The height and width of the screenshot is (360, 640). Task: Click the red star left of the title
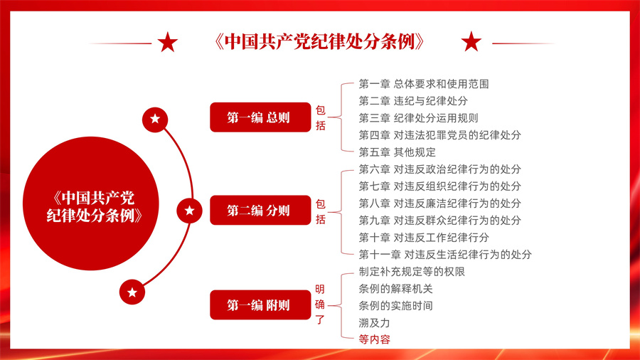click(x=168, y=42)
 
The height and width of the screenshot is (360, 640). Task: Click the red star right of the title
click(x=471, y=42)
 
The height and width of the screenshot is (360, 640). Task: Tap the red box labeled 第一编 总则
click(x=260, y=117)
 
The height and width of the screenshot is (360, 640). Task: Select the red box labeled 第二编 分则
click(x=260, y=210)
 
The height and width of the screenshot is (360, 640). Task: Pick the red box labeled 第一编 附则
click(x=260, y=305)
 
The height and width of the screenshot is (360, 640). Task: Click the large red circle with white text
click(x=90, y=203)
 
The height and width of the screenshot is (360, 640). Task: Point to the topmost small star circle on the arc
click(x=155, y=120)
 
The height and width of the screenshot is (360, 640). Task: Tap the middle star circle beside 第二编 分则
click(x=189, y=211)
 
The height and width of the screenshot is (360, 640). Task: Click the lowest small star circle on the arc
click(x=132, y=292)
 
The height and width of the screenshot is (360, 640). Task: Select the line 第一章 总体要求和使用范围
click(x=424, y=84)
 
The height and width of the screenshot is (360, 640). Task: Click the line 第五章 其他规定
click(x=397, y=152)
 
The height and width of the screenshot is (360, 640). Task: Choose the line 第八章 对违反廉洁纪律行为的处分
click(x=439, y=203)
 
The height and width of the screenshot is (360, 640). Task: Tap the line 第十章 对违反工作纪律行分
click(x=424, y=238)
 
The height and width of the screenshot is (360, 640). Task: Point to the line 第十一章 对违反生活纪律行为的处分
click(x=445, y=255)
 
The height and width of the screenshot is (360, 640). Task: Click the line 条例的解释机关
click(x=395, y=289)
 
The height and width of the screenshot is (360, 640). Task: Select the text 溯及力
click(x=374, y=323)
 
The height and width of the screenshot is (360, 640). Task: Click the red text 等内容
click(x=374, y=339)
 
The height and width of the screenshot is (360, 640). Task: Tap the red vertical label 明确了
click(x=320, y=305)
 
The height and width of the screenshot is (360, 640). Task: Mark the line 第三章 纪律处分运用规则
click(x=418, y=118)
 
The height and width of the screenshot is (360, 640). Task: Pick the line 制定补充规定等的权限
click(x=412, y=272)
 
